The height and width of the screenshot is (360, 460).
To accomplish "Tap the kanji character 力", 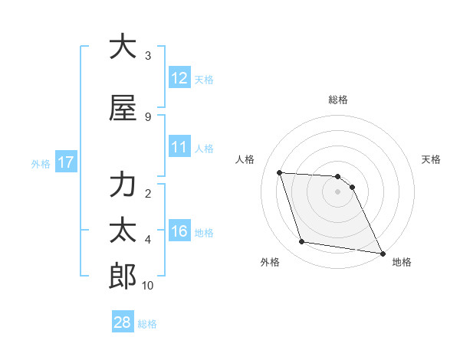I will point(123,186).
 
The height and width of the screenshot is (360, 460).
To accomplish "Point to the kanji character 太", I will point(123,231).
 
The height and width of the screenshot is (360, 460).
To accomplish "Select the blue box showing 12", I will point(179,78).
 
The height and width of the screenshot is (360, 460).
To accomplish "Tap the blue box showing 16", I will point(179,231).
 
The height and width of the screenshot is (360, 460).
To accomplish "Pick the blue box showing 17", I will point(65,162).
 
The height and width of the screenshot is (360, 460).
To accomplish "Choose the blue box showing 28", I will point(123,322).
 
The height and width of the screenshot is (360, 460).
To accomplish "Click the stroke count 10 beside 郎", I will point(148,286).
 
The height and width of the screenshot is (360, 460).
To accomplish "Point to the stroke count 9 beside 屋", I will point(148,116).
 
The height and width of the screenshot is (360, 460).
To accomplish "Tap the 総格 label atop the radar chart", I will point(338,100).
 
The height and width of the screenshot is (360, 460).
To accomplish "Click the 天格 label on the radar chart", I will point(432,159).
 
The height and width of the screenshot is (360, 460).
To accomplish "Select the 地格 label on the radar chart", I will point(402,263).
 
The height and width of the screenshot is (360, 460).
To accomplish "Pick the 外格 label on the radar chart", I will point(270,263).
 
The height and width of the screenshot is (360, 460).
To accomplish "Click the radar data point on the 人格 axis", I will point(280,172).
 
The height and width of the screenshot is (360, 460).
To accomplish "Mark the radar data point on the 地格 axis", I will point(382,253).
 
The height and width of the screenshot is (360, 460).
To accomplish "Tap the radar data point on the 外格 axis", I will point(302,242).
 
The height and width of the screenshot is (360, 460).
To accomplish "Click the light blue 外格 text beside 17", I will point(40,163).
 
